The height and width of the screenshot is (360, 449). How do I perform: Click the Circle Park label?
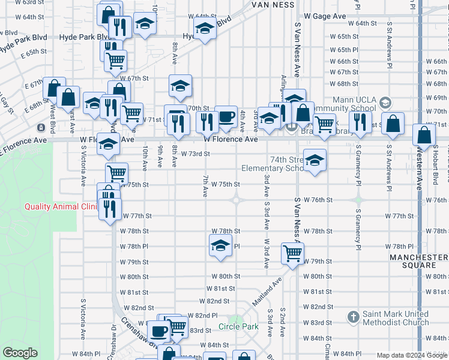click(238, 327)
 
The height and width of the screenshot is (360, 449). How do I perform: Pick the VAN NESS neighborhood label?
click(273, 5)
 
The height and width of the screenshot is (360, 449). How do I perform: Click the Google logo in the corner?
click(20, 353)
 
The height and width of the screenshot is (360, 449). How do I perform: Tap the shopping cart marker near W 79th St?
click(292, 253)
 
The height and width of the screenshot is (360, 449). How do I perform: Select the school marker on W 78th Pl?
click(220, 245)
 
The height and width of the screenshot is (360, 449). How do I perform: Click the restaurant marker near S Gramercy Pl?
click(360, 122)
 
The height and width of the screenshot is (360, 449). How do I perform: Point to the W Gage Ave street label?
click(325, 16)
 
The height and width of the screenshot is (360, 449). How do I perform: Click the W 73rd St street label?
click(195, 154)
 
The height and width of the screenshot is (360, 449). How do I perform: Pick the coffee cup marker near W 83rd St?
click(160, 330)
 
